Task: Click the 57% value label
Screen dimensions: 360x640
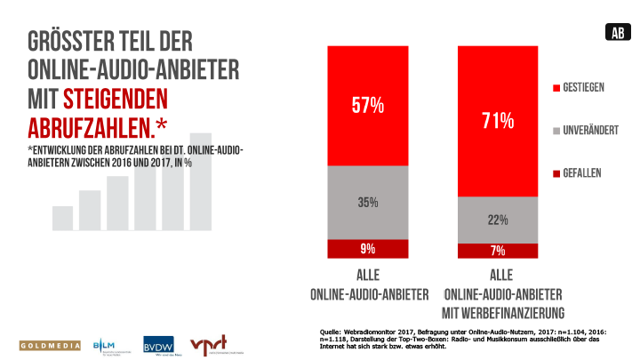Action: pos(367,106)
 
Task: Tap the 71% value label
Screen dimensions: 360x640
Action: pos(499,119)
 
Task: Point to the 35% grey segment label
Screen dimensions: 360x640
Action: pos(367,203)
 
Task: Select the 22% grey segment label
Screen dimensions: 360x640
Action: pos(499,220)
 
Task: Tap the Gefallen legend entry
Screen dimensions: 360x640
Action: pos(581,172)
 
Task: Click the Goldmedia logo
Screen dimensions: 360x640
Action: pos(50,345)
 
